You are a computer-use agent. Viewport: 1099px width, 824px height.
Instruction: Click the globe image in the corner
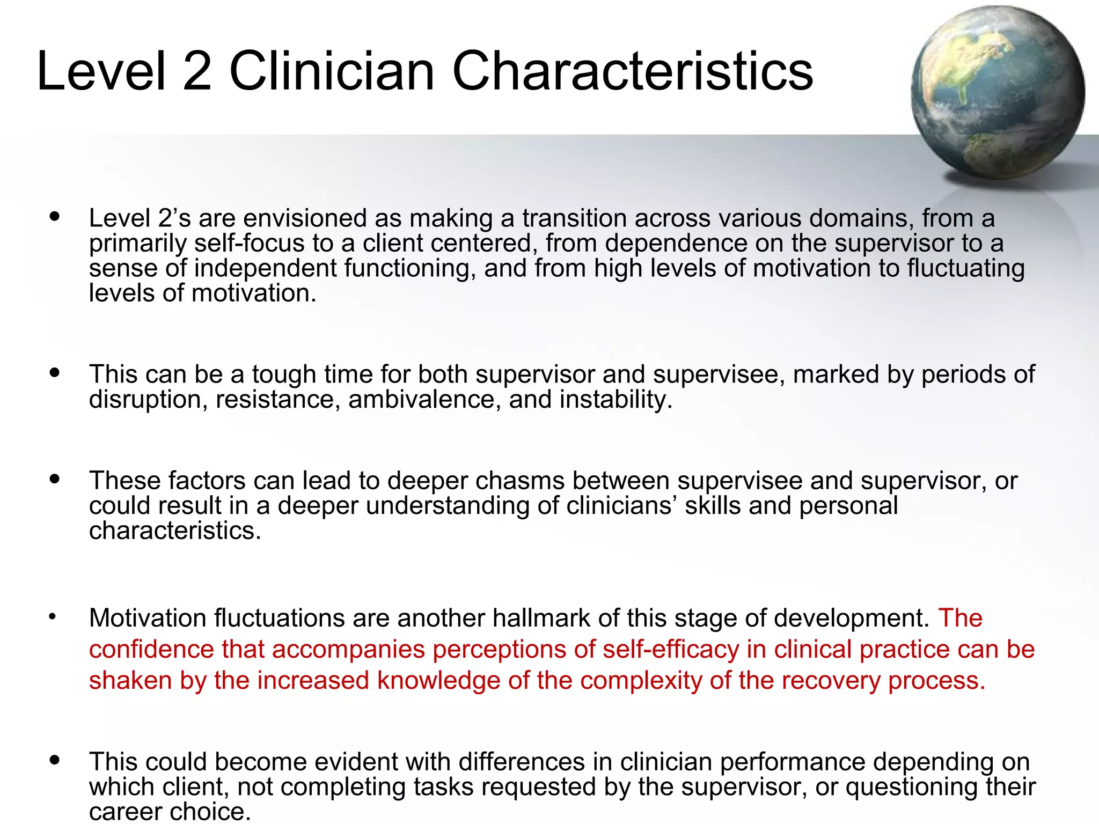[x=997, y=92]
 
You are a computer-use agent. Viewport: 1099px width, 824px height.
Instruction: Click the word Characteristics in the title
[x=633, y=71]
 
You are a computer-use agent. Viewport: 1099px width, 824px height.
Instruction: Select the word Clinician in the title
[x=332, y=71]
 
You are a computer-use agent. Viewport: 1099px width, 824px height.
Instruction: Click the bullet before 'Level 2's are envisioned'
[x=54, y=217]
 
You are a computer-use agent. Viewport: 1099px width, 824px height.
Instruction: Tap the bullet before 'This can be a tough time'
[x=54, y=372]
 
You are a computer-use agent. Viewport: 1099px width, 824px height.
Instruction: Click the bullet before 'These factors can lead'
[x=54, y=478]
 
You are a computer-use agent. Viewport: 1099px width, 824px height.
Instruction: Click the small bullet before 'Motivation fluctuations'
[x=52, y=617]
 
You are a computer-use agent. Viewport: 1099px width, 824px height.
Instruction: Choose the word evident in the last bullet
[x=356, y=762]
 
